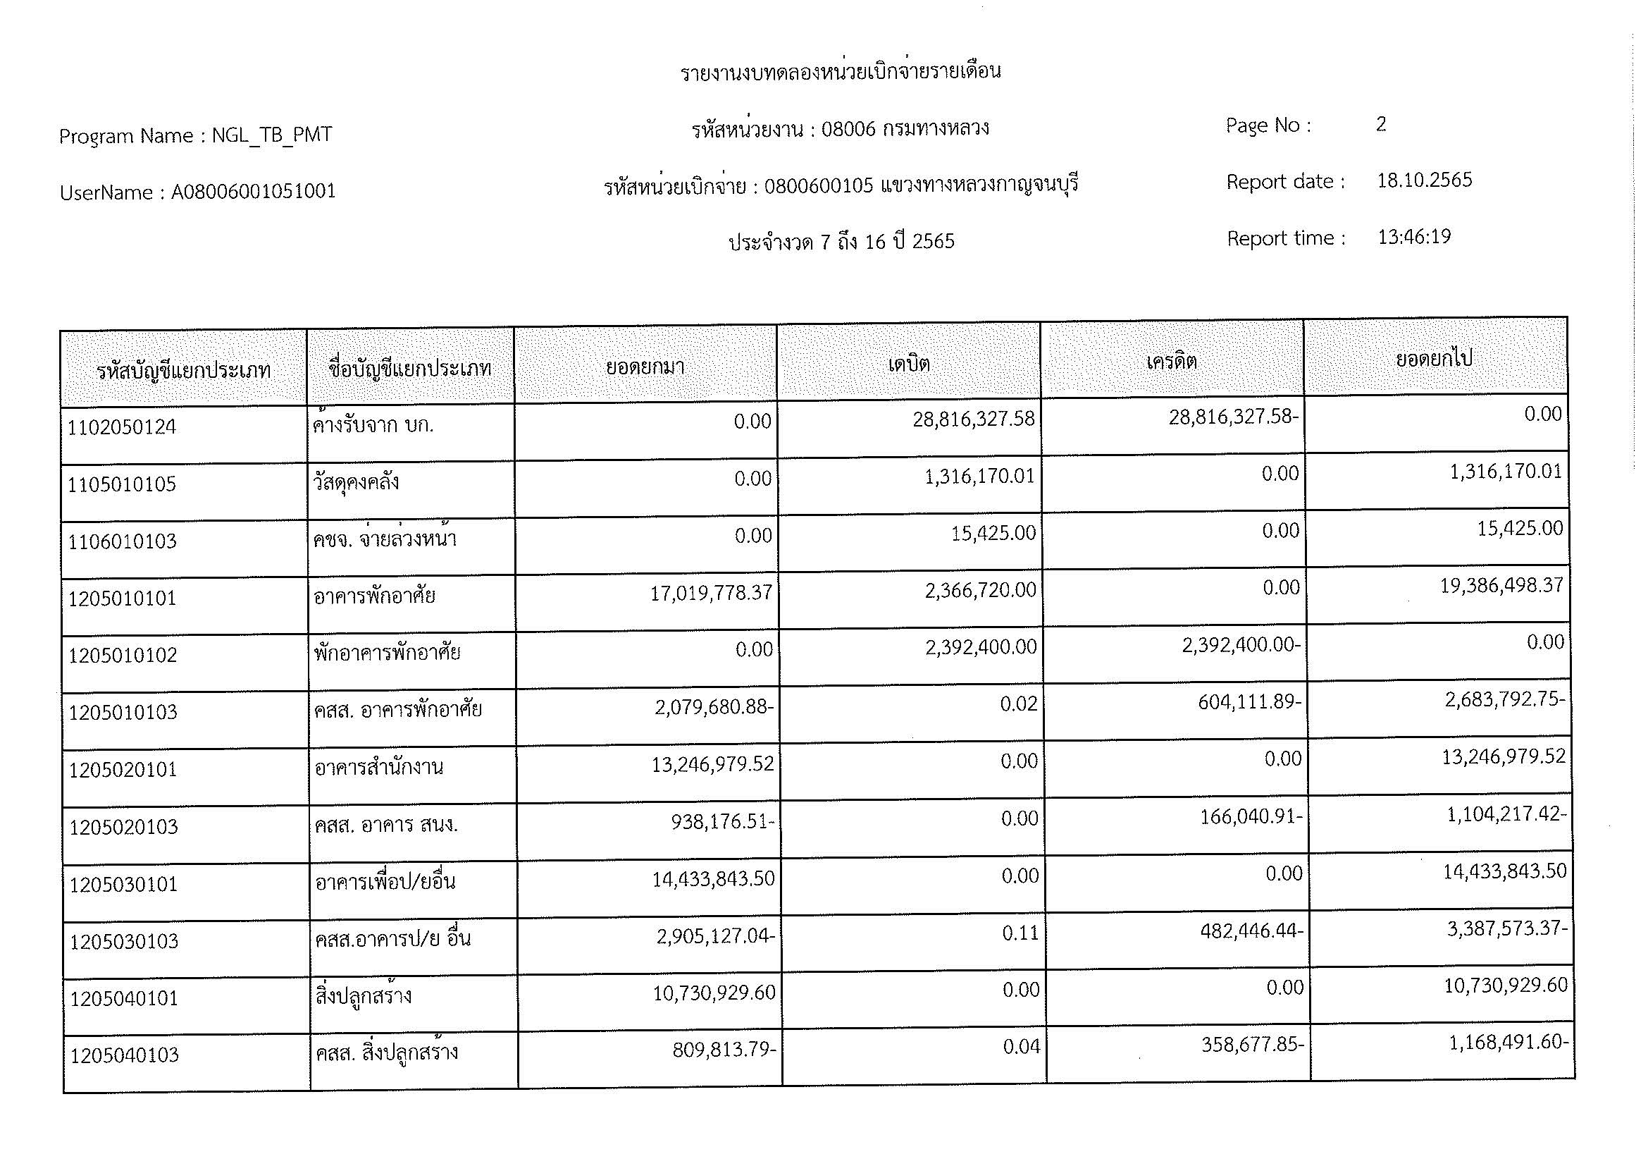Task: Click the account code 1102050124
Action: pyautogui.click(x=121, y=428)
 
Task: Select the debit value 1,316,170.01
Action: pyautogui.click(x=979, y=477)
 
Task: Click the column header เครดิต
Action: pyautogui.click(x=1172, y=361)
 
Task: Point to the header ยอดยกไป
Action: pyautogui.click(x=1434, y=358)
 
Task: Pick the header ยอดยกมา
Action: pyautogui.click(x=645, y=367)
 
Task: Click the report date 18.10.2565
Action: pyautogui.click(x=1424, y=180)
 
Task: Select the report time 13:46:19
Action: pyautogui.click(x=1414, y=237)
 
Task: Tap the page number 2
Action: pyautogui.click(x=1381, y=124)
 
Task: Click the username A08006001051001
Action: pyautogui.click(x=253, y=192)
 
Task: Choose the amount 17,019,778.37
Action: pyautogui.click(x=711, y=593)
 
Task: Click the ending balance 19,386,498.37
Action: pyautogui.click(x=1501, y=586)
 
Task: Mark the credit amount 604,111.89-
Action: pyautogui.click(x=1249, y=701)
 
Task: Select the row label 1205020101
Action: pyautogui.click(x=123, y=771)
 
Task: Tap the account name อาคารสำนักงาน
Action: pyautogui.click(x=378, y=768)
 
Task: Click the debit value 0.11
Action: pyautogui.click(x=1020, y=933)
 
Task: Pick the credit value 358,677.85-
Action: pyautogui.click(x=1253, y=1045)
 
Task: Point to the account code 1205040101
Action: pyautogui.click(x=124, y=999)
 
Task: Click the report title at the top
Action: pyautogui.click(x=841, y=72)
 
